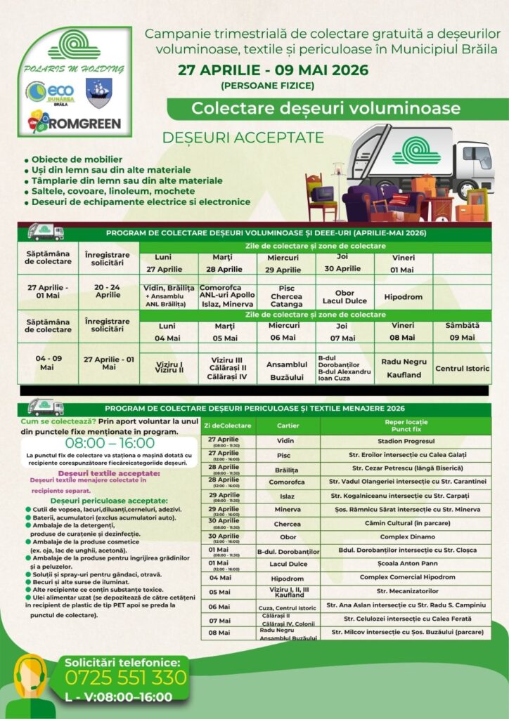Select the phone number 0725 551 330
click(126, 677)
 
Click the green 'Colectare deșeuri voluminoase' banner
click(326, 108)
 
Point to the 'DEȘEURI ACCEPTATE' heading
click(243, 138)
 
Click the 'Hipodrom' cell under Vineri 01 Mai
click(404, 297)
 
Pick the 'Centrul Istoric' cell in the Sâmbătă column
click(462, 368)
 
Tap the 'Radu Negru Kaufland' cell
click(404, 368)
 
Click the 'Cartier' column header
click(288, 426)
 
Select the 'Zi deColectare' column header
click(228, 426)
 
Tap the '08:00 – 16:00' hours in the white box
click(110, 443)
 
